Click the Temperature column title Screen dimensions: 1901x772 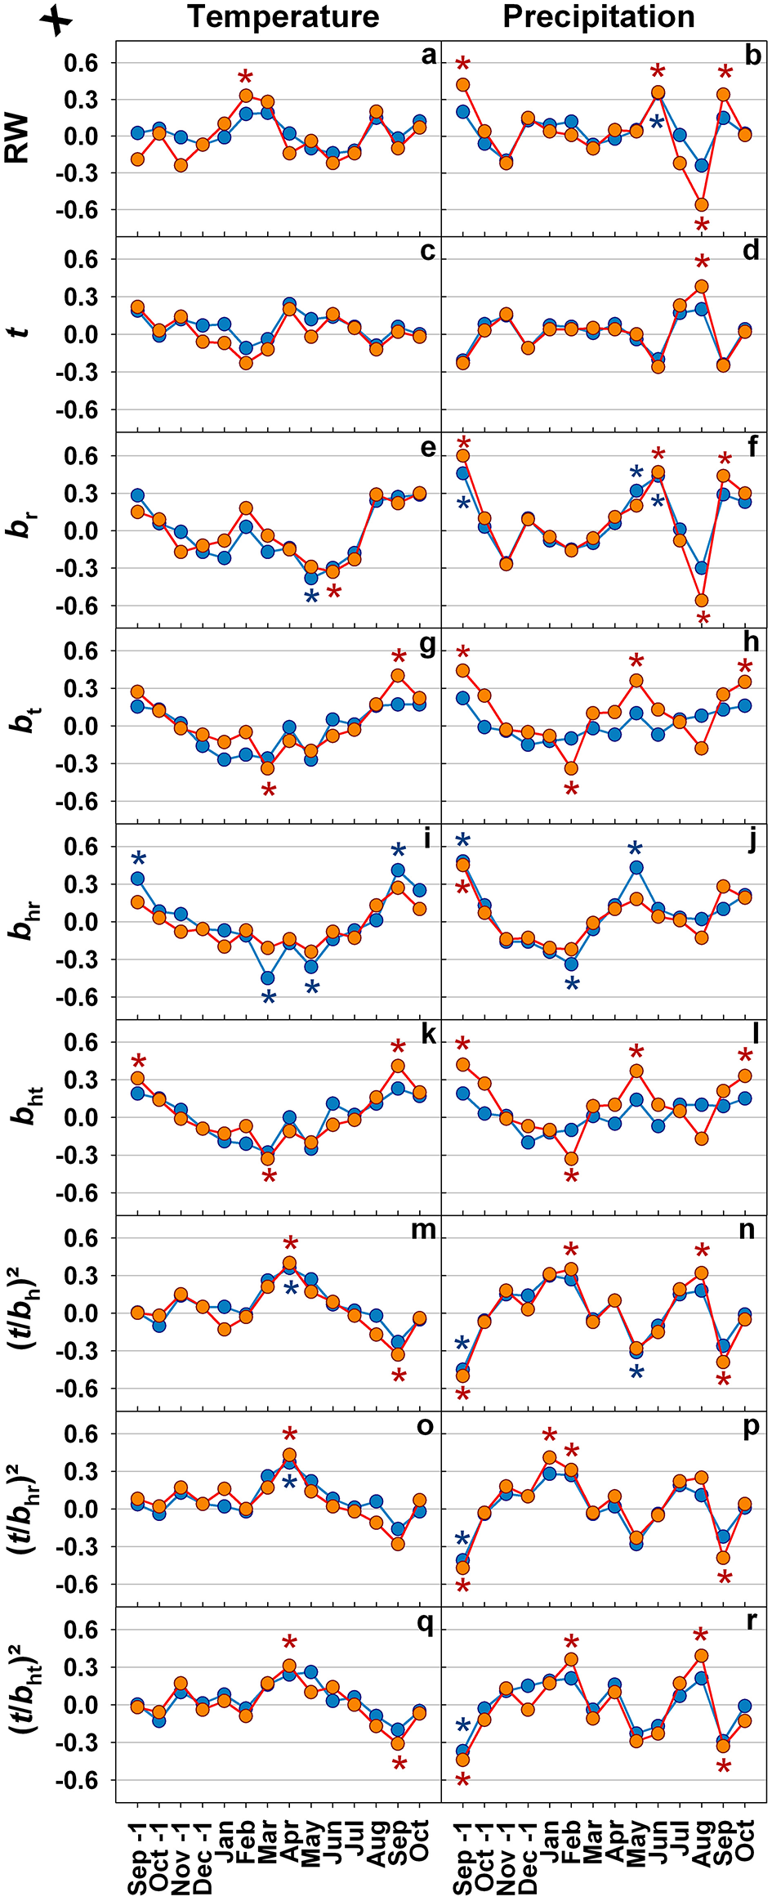pos(283,16)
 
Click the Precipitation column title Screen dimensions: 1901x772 pos(599,16)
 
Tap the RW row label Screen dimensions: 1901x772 pos(18,138)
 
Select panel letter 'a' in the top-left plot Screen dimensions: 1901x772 pos(429,56)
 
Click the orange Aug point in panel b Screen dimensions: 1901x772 pos(701,205)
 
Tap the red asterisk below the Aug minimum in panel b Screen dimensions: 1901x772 pos(702,226)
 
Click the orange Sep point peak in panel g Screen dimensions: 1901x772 pos(398,676)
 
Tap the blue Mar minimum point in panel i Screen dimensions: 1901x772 pos(268,977)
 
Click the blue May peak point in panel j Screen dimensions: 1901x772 pos(636,868)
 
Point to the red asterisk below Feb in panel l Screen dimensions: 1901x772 pos(572,1178)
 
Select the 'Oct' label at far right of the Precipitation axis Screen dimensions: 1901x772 pos(745,1839)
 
